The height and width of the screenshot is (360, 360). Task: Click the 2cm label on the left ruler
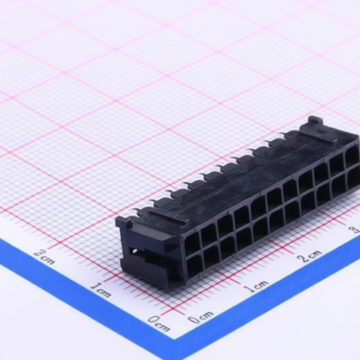[x=44, y=258]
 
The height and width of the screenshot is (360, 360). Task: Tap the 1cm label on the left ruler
[x=101, y=290]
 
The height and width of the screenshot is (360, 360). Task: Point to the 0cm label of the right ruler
[x=200, y=318]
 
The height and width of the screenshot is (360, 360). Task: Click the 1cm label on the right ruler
[x=256, y=285]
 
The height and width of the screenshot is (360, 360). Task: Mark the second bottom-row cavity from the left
[x=211, y=256]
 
